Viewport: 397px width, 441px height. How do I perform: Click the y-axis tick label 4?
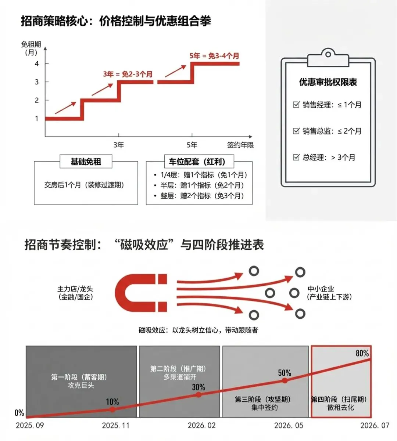pos(37,64)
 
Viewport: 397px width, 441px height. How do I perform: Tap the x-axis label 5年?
pos(192,145)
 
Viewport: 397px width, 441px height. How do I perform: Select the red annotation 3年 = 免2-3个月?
pos(128,74)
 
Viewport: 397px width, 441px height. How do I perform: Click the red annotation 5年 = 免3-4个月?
pos(214,56)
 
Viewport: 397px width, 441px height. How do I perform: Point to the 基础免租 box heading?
pos(86,162)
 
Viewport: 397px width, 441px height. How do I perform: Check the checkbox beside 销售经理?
pos(296,105)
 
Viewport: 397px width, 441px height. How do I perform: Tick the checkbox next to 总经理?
pos(296,157)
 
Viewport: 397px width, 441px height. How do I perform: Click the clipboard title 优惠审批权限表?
pos(328,82)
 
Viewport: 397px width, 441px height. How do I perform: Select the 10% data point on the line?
pos(112,409)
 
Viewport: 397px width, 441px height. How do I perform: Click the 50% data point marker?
pos(285,381)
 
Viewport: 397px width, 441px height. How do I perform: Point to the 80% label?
pos(362,353)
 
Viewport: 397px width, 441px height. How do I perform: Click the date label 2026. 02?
pos(201,426)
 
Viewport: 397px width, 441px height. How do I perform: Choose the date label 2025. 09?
pos(30,426)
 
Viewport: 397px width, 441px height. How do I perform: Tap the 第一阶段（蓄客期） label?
pos(79,377)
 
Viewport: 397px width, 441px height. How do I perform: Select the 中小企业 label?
pos(321,289)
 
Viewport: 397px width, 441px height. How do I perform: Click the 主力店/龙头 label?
pos(75,289)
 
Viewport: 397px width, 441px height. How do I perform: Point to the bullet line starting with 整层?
pos(202,196)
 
